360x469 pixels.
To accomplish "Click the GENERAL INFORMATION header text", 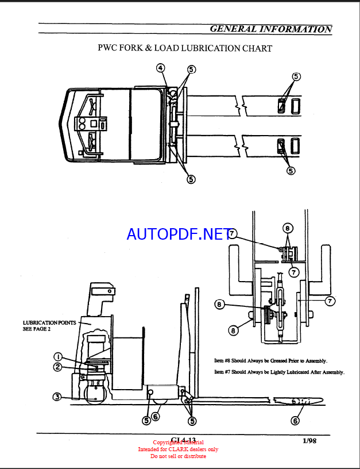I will [x=270, y=29].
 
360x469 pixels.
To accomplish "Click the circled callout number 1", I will [x=59, y=356].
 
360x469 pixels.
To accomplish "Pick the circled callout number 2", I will [x=58, y=367].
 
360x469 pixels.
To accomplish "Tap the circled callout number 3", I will [x=57, y=396].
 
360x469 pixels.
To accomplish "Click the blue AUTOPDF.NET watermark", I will [x=179, y=234].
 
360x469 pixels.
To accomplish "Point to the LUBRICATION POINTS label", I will [x=49, y=323].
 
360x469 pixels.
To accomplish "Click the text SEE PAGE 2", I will [x=37, y=329].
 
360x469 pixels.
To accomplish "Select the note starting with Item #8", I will [x=270, y=361].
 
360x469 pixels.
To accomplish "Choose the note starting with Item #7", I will [x=279, y=372].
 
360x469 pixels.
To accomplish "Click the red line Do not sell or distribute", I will [x=178, y=456].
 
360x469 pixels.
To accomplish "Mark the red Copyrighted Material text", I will [x=178, y=443].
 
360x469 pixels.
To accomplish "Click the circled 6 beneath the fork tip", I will [x=295, y=421].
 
